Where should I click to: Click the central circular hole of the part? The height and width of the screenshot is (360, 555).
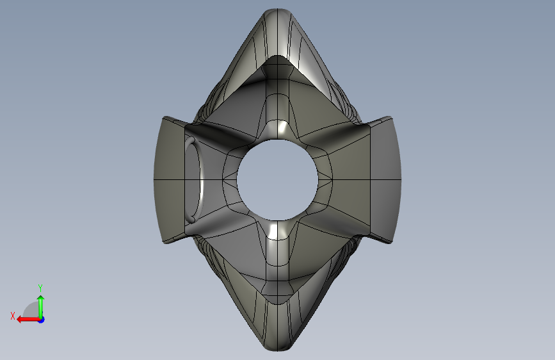click(278, 179)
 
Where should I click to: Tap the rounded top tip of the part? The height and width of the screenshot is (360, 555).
click(277, 13)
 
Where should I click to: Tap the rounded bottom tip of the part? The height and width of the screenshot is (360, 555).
click(278, 345)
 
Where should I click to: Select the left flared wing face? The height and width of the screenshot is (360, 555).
click(169, 180)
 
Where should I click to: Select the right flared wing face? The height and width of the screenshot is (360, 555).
click(385, 179)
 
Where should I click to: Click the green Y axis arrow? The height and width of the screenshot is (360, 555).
click(41, 307)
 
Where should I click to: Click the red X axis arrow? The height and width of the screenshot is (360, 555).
click(29, 320)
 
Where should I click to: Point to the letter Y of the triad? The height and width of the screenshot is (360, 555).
click(40, 288)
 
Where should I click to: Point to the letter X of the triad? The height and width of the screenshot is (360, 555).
click(13, 316)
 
